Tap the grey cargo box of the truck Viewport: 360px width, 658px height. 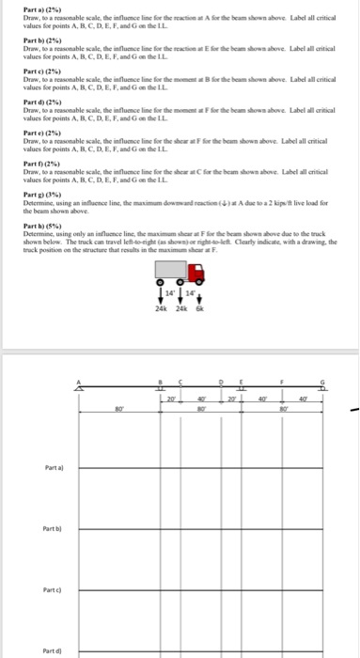pos(173,272)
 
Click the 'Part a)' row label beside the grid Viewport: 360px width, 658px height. pos(54,468)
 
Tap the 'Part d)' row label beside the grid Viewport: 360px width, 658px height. pos(54,649)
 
